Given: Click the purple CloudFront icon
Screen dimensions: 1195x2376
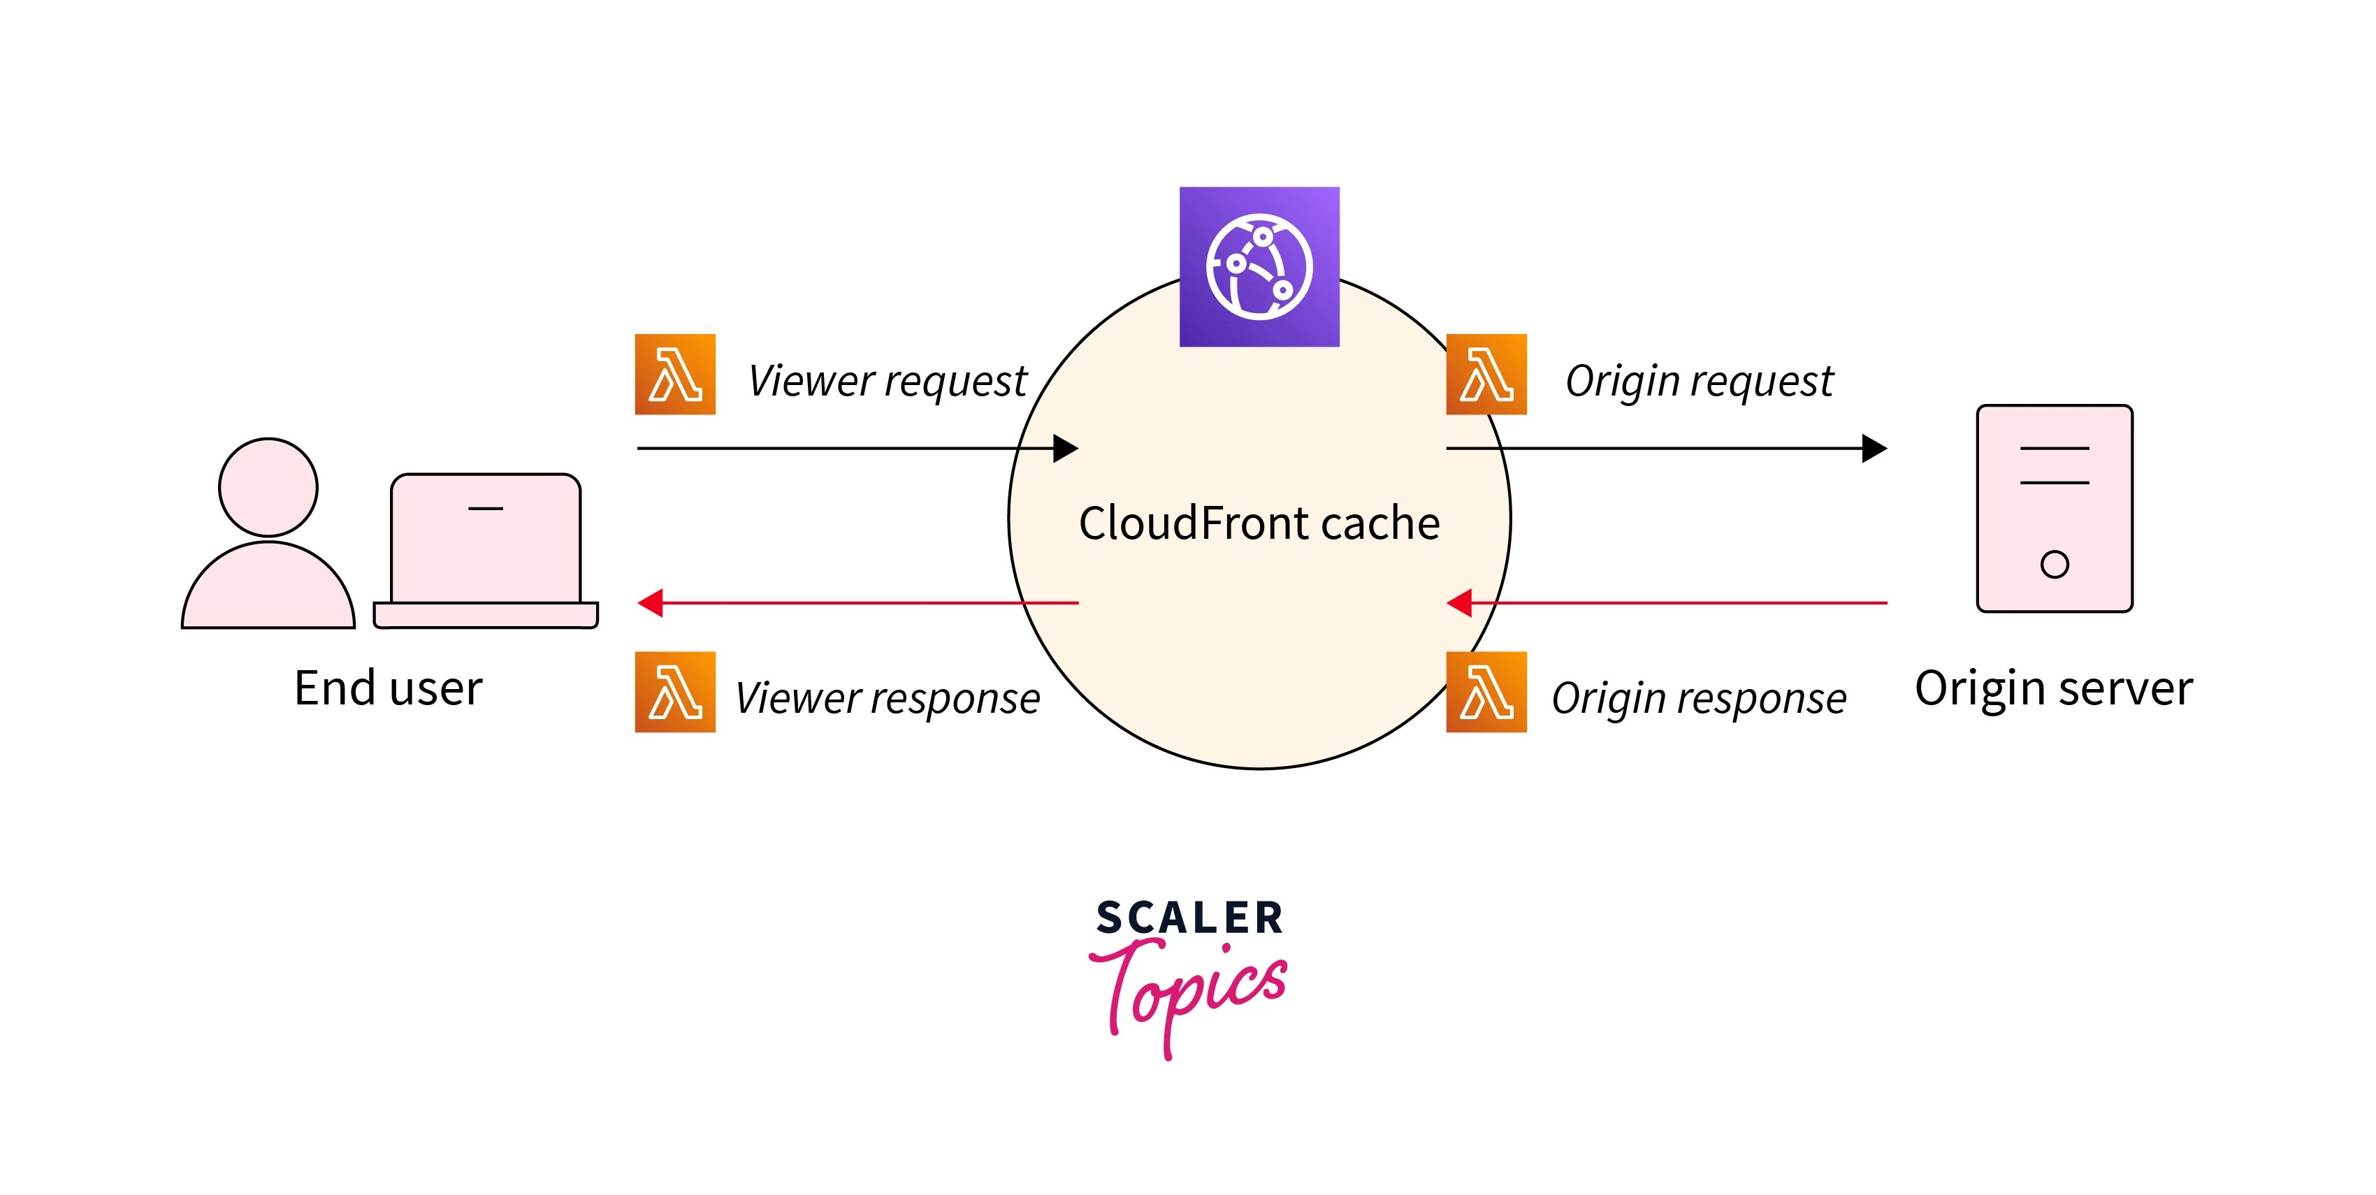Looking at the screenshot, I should [1259, 266].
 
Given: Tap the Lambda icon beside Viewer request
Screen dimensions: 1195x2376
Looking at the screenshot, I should [675, 375].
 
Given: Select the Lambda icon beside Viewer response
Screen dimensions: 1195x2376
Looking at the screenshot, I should [675, 692].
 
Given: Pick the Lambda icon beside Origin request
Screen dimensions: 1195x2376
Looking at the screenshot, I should [1486, 375].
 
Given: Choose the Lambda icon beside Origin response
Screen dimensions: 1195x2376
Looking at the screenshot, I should [1486, 692].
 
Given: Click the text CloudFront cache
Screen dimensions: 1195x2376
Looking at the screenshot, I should [1259, 523].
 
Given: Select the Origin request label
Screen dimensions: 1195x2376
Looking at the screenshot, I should [1699, 381].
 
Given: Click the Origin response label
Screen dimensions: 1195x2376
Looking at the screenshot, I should [1699, 698].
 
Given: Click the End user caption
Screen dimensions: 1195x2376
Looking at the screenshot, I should [389, 688].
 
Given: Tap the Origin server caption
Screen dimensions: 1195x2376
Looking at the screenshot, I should [2053, 688].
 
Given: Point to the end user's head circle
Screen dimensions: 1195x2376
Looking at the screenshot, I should [268, 487].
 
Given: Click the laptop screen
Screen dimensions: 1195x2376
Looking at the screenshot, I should [485, 544].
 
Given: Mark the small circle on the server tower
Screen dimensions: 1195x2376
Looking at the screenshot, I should [2054, 563].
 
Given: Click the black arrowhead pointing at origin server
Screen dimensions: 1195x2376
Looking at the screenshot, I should [1874, 448].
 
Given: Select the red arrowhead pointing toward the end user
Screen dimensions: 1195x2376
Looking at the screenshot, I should [651, 603].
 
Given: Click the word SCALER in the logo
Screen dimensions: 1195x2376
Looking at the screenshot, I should [1189, 918].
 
